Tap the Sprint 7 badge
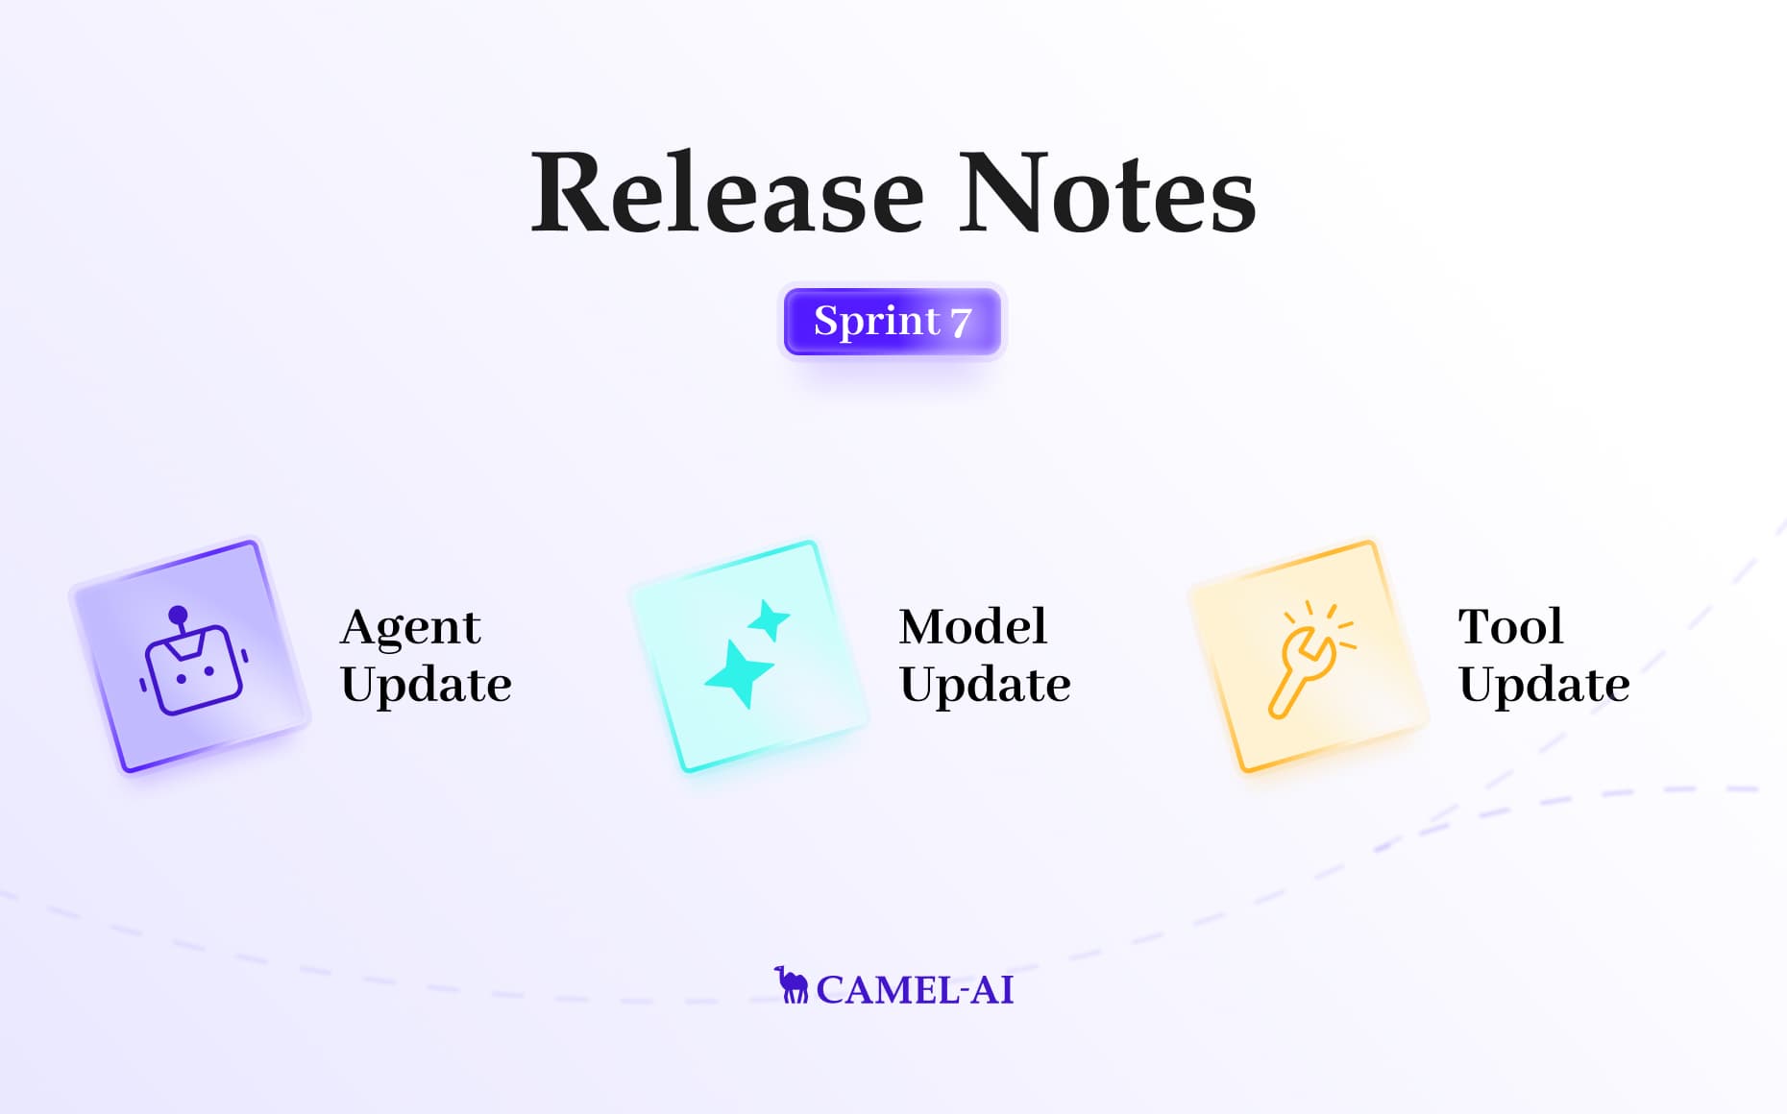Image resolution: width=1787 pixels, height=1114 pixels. pyautogui.click(x=893, y=322)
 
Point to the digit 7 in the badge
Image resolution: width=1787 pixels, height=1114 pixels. pyautogui.click(x=961, y=323)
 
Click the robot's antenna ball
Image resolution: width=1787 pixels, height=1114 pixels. pyautogui.click(x=178, y=616)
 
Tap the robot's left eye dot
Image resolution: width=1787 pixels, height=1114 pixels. pyautogui.click(x=181, y=679)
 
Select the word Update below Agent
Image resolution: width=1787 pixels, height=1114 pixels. pyautogui.click(x=426, y=685)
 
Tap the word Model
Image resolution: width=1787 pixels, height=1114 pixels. pyautogui.click(x=972, y=627)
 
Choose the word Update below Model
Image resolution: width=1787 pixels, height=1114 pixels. pyautogui.click(x=985, y=685)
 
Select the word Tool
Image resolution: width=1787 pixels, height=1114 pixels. pyautogui.click(x=1510, y=627)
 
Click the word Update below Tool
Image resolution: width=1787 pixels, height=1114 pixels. pyautogui.click(x=1544, y=685)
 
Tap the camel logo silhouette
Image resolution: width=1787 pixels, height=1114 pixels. pyautogui.click(x=792, y=986)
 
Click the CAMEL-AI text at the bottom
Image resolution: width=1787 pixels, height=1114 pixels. pyautogui.click(x=915, y=990)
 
